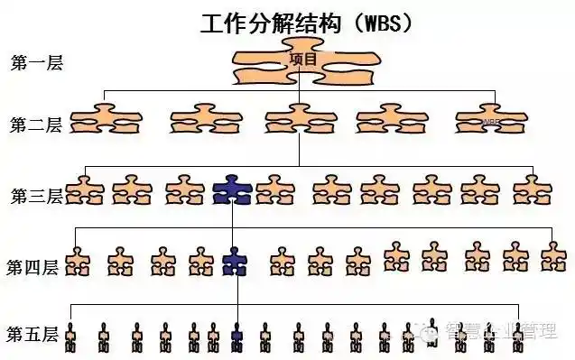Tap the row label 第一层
point(35,63)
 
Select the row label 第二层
point(35,125)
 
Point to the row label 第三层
point(35,194)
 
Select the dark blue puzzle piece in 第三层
point(232,190)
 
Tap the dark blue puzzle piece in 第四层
point(235,261)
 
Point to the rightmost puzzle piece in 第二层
point(489,118)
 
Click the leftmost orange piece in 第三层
point(84,190)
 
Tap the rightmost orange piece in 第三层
point(532,190)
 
